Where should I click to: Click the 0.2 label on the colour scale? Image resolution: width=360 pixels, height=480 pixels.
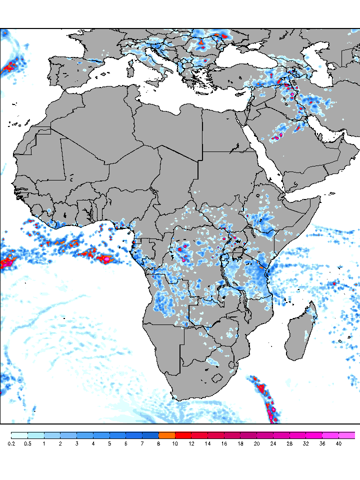click(11, 443)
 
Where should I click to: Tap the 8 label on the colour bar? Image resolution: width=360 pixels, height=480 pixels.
click(158, 443)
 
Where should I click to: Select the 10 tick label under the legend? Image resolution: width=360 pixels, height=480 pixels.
click(175, 443)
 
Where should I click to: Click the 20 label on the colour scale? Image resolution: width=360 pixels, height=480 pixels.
click(256, 443)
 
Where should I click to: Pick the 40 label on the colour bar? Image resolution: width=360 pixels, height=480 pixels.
click(338, 443)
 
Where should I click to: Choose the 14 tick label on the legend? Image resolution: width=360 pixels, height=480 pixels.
click(207, 443)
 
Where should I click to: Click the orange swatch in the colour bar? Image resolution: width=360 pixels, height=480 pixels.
click(166, 435)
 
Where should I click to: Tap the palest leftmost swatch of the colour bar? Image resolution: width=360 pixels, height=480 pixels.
click(19, 435)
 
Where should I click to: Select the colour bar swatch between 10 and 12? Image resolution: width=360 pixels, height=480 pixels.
click(183, 435)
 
